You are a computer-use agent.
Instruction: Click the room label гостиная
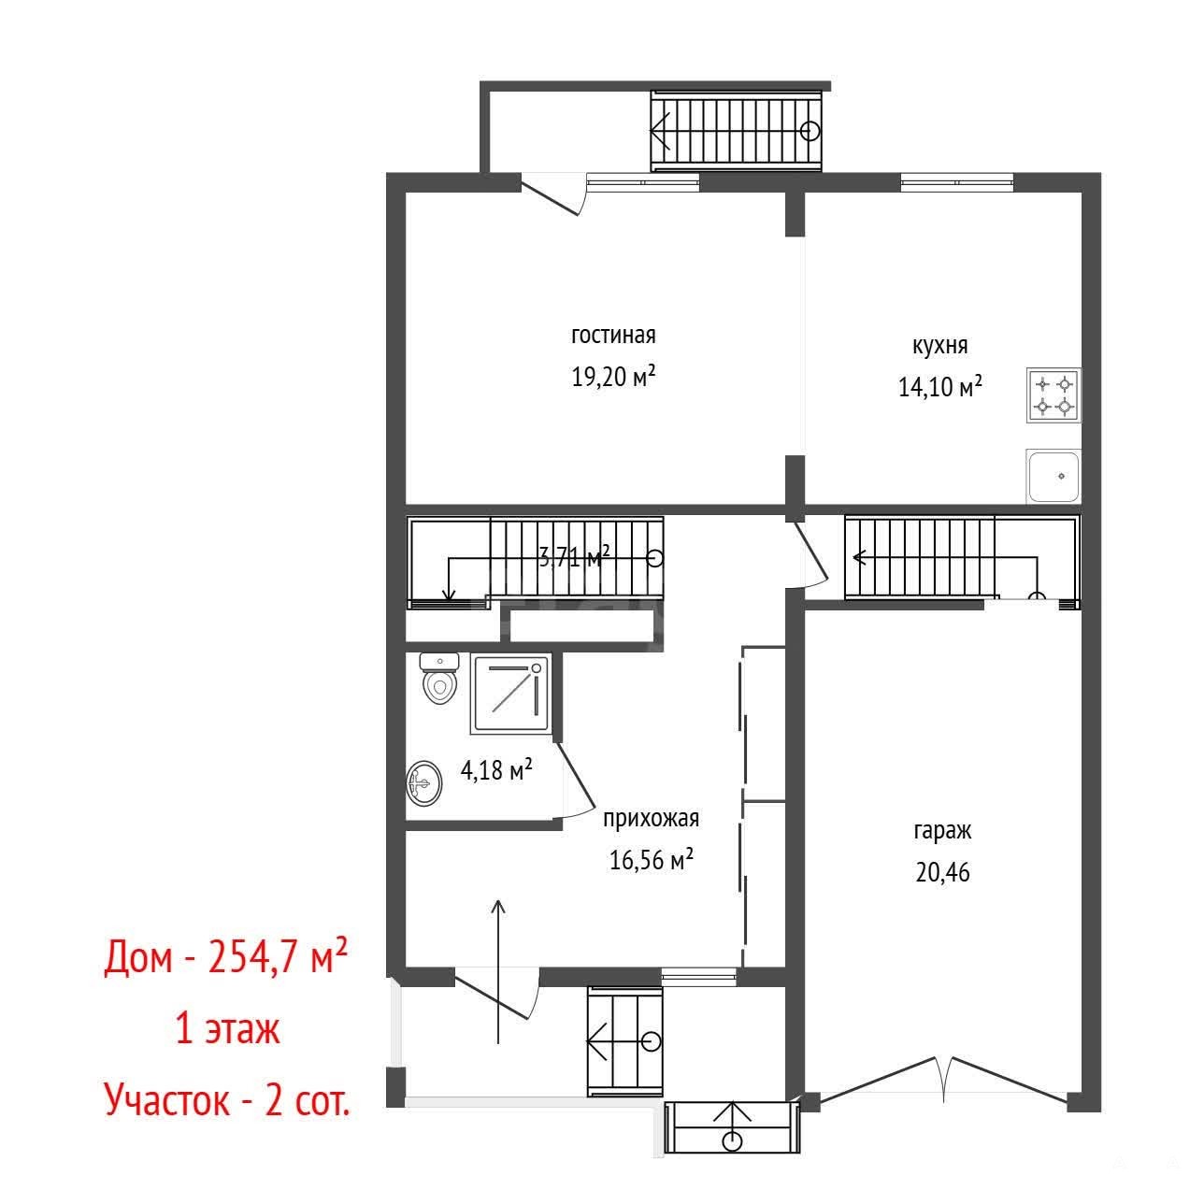613,336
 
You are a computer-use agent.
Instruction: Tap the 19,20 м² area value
613,376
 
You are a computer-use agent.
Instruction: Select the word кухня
939,346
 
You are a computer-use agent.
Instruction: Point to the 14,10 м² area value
939,387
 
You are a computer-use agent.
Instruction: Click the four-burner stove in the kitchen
1053,394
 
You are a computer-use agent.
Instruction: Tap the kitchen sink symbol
1053,476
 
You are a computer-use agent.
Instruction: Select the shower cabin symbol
511,694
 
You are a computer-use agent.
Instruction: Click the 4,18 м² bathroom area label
496,769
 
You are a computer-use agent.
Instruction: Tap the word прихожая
651,819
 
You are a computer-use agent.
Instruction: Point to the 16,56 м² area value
651,860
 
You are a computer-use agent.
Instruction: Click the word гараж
943,832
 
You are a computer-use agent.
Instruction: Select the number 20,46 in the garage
943,872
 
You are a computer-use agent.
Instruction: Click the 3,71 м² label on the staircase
574,557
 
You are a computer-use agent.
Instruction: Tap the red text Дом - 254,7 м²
225,957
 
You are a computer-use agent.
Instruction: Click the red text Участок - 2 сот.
227,1100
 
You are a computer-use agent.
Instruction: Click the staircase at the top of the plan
736,131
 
